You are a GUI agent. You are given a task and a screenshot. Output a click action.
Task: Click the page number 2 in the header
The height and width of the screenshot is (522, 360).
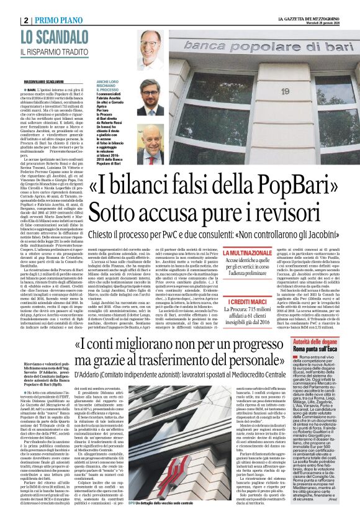coord(27,20)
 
